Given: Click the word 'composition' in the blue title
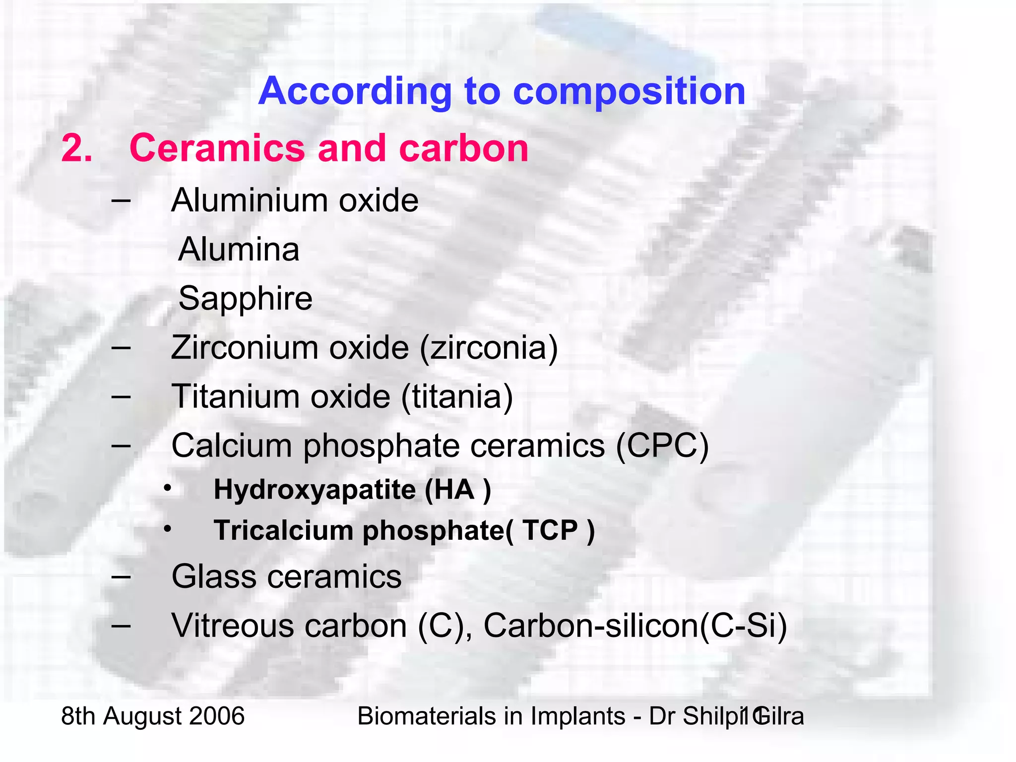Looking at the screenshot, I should point(629,92).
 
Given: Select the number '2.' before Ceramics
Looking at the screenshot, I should point(77,148).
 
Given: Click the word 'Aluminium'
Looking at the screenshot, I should point(250,200).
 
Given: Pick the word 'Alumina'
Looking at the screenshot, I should point(239,249).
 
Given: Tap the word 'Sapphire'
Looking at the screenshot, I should point(245,298).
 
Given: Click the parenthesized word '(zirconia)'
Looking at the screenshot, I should point(489,348).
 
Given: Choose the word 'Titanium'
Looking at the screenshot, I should point(235,396).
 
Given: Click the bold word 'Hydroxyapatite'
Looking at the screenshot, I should point(315,490).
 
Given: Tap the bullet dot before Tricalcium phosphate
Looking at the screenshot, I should point(168,529).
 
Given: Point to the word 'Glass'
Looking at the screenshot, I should point(214,576).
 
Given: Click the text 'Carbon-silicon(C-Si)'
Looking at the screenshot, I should point(635,626).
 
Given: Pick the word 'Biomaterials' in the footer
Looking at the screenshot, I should point(425,716).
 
